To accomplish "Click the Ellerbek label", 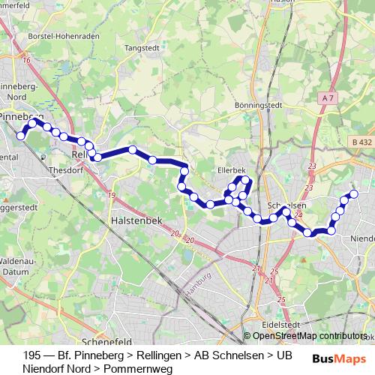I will coord(231,170).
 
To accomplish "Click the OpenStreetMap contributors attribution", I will coord(309,337).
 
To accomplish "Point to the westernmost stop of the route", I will coord(22,136).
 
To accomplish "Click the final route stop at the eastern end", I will coord(353,194).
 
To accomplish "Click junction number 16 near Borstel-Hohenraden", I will coord(27,60).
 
